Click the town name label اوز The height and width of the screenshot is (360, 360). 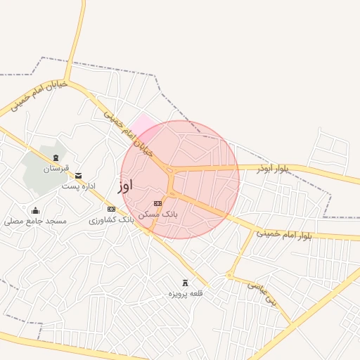(124, 186)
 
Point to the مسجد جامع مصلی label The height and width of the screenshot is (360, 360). (35, 221)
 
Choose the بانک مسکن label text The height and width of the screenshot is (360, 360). (157, 214)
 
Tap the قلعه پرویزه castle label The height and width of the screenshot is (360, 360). (185, 292)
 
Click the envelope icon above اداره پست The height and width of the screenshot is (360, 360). (78, 175)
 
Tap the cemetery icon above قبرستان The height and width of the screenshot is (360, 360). (56, 156)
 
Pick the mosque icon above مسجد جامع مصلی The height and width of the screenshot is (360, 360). (35, 210)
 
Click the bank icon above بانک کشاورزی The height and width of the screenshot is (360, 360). (110, 209)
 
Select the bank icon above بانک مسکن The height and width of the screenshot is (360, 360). (157, 203)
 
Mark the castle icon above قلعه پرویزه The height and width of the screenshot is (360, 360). (186, 282)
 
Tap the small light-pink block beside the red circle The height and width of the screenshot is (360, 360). (143, 124)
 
